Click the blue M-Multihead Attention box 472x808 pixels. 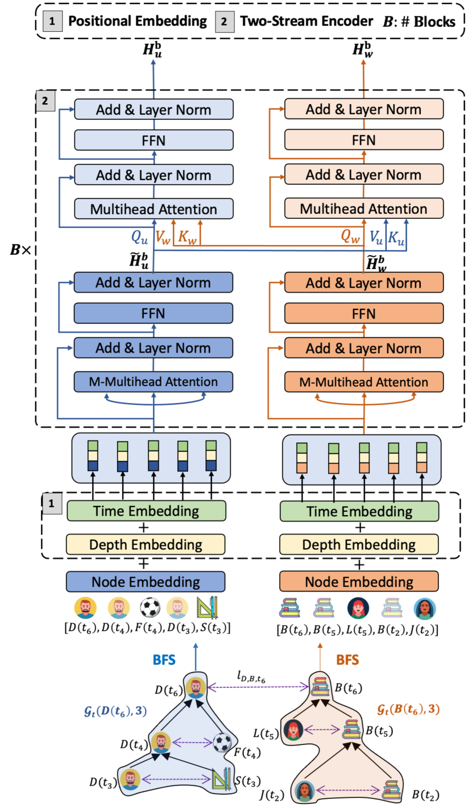154,379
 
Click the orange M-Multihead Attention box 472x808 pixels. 364,379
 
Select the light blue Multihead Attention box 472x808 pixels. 154,208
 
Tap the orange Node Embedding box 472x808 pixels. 359,582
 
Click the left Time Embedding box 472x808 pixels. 146,510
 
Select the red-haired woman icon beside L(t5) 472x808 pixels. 294,730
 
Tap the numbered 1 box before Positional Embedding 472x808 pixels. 52,22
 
